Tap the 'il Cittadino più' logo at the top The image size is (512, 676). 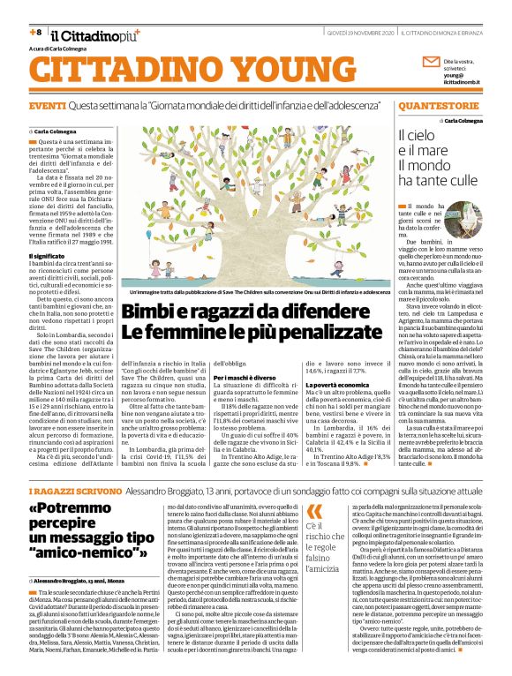coord(88,34)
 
